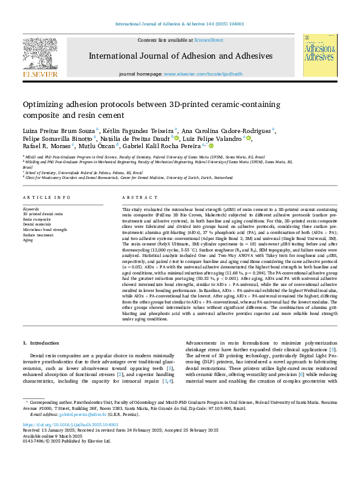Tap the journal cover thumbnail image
click(x=319, y=56)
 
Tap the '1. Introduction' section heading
click(x=42, y=342)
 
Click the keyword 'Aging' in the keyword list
click(x=28, y=240)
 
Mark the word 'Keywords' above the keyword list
click(x=31, y=209)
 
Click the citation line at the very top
click(x=180, y=24)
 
